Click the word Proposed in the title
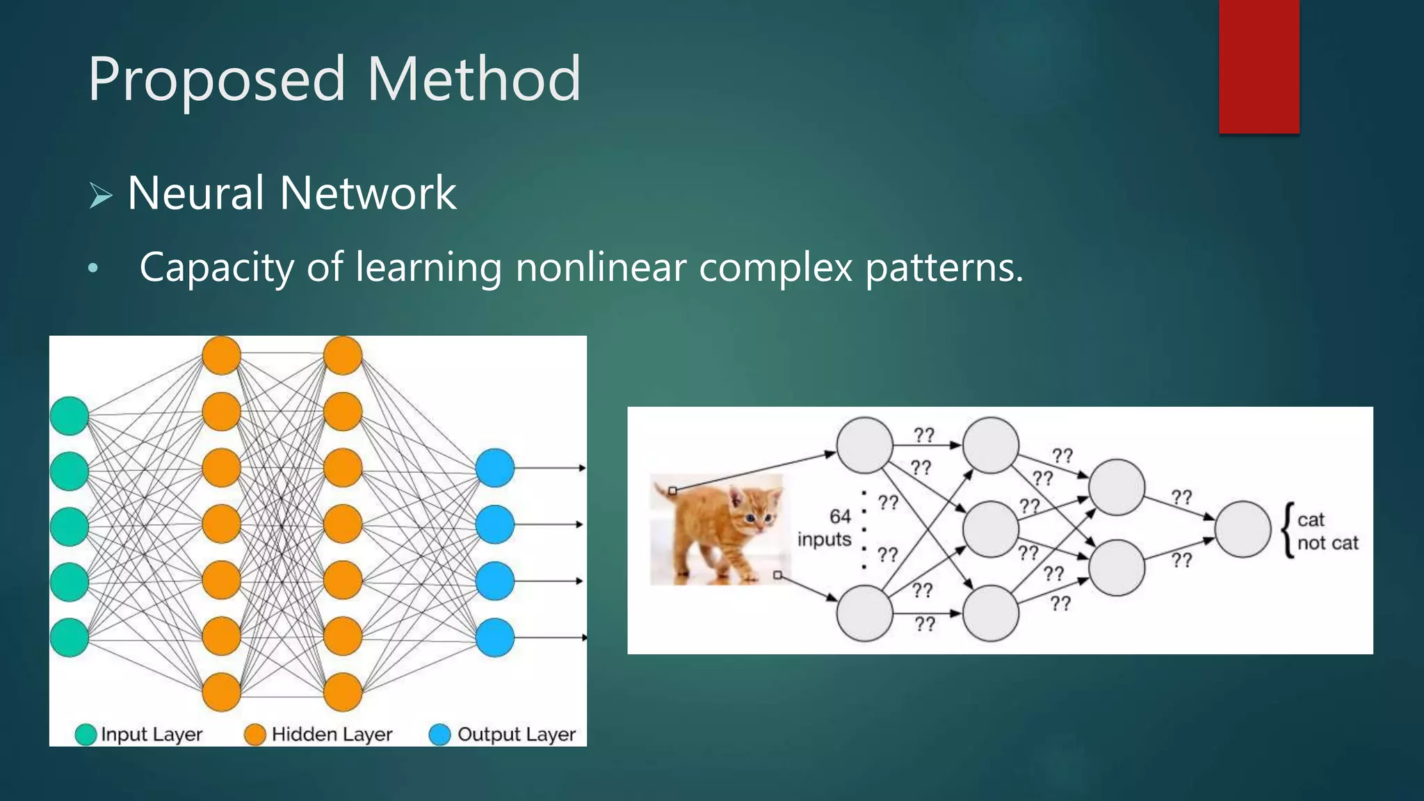[216, 80]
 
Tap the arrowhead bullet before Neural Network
[101, 195]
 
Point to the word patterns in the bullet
[944, 268]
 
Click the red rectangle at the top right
[1259, 66]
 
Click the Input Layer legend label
[151, 734]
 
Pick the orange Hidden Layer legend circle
[255, 734]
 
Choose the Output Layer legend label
[516, 734]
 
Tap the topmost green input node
[70, 416]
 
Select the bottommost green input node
[70, 637]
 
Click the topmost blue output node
[495, 468]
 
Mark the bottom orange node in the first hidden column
[221, 692]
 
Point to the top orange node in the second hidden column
[343, 355]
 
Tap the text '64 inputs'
[825, 528]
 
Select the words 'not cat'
[1327, 543]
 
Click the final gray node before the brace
[1243, 529]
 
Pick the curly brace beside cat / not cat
[1288, 530]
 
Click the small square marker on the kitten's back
[672, 491]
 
